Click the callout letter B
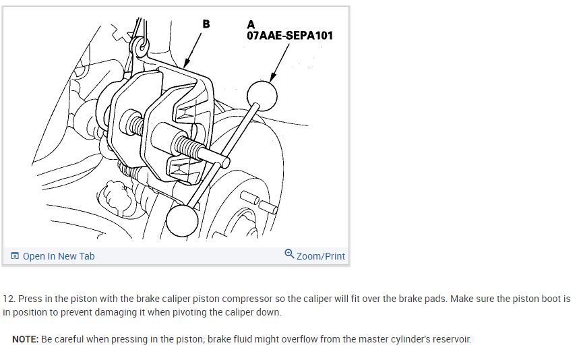pos(206,24)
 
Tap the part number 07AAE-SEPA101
pos(290,35)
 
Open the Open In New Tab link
pos(59,256)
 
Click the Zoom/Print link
pos(320,256)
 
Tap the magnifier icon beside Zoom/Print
pos(289,255)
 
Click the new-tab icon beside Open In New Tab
pos(15,256)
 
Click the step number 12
pos(9,298)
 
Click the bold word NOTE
pos(24,339)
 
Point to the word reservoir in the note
pos(450,339)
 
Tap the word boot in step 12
pos(551,298)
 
